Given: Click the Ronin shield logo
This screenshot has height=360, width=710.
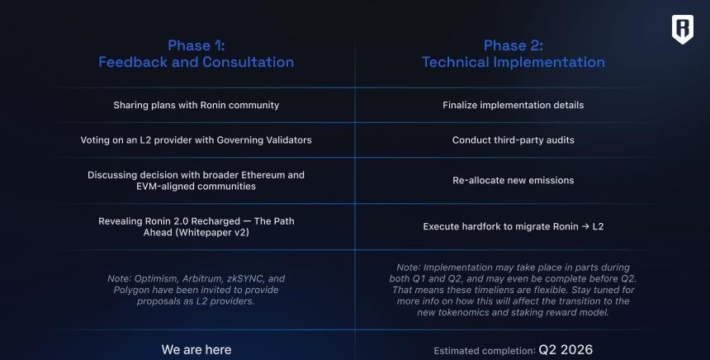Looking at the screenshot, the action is pos(683,30).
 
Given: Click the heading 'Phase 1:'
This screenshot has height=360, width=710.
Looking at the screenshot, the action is pos(196,45).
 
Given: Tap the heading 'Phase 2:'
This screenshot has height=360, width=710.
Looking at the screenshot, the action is pos(513,45).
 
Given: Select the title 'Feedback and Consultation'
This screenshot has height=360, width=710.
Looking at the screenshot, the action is pos(196,62).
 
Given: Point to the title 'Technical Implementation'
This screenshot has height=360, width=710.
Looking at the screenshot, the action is pos(513,62).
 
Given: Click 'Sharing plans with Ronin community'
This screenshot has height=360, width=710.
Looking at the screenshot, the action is pos(196,105).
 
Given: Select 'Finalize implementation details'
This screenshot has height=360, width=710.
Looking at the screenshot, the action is pos(513,105).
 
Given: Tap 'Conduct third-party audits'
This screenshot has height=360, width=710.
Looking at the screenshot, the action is pos(513,140).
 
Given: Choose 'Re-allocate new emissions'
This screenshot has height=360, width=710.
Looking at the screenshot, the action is pos(513,180).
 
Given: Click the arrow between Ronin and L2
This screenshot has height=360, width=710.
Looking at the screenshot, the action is pos(586,226).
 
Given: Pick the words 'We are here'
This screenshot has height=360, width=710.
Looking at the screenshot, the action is pos(196,349).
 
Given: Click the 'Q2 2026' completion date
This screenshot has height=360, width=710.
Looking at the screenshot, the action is pos(566,349).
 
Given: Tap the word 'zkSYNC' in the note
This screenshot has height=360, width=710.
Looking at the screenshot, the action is pos(245,278).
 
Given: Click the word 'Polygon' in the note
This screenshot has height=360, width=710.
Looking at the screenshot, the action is pos(131,290).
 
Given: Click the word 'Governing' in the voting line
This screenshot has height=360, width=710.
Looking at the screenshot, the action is pos(239,140).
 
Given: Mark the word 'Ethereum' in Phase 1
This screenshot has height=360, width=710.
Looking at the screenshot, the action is pos(263,175).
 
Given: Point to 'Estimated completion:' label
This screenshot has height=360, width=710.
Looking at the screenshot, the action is pos(485,351).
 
